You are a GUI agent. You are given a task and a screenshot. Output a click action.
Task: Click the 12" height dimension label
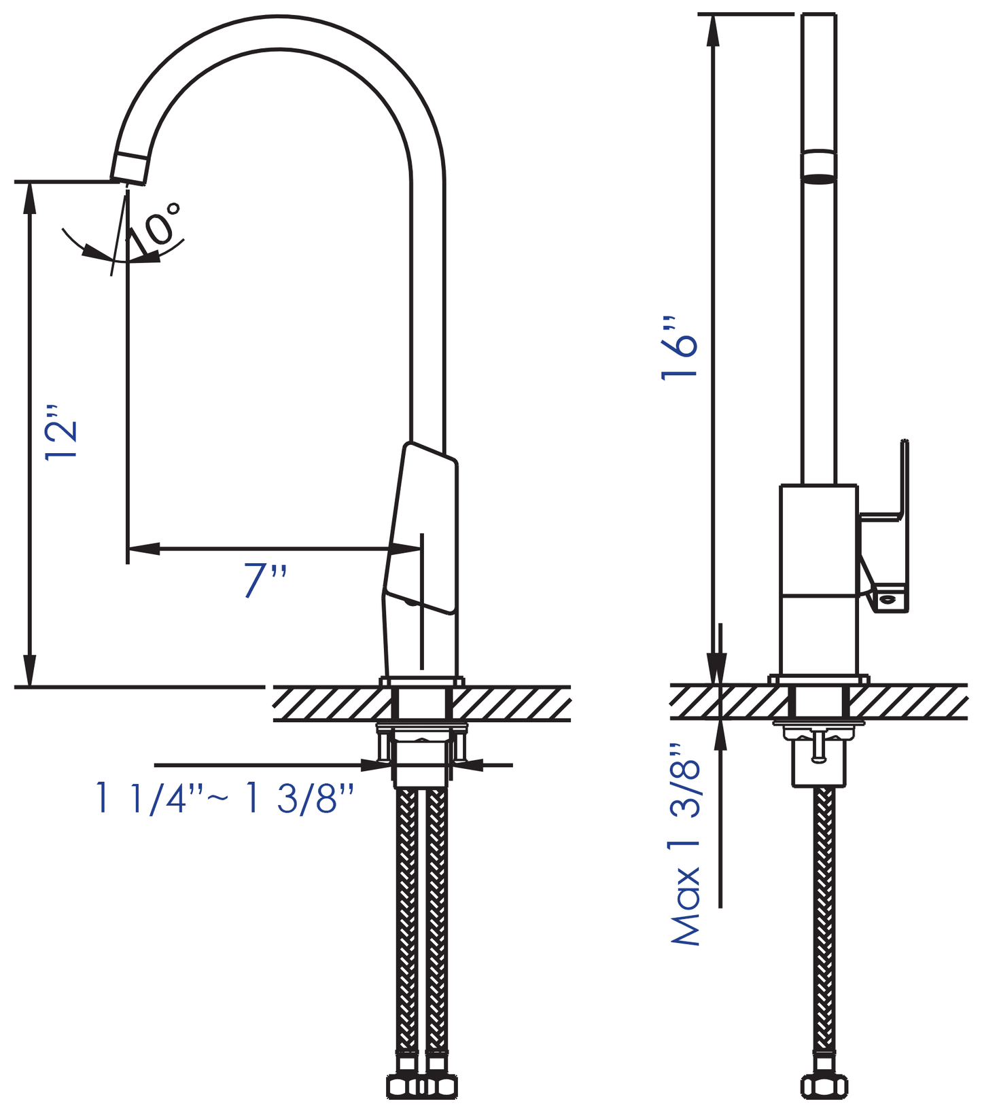coord(61,433)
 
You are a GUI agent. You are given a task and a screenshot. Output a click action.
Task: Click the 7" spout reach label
coord(265,581)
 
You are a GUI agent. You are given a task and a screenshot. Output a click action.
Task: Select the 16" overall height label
coord(680,348)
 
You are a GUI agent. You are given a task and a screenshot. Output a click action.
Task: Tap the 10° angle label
coord(156,225)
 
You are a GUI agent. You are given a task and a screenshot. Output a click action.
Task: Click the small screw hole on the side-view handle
coord(888,599)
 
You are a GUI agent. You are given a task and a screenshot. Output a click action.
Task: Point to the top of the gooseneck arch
coord(279,32)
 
